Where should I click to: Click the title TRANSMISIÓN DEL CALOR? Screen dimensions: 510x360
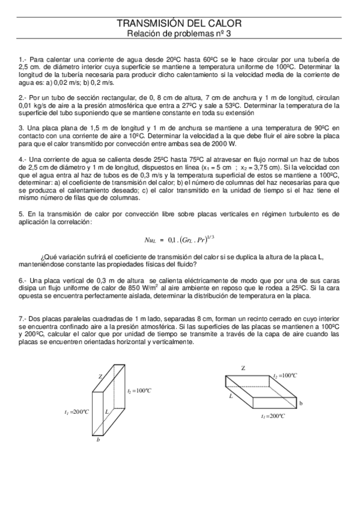pos(179,23)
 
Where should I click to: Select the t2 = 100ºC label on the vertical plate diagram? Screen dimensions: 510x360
pos(139,391)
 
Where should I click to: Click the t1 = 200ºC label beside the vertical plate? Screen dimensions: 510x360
pos(76,412)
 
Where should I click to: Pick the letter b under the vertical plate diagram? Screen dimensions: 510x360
pos(98,440)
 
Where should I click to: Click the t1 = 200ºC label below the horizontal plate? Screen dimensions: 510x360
pos(273,416)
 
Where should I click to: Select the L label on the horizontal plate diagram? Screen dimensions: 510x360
pos(231,396)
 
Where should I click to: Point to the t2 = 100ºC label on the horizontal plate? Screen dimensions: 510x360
pos(285,375)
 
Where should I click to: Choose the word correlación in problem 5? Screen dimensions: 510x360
pos(72,222)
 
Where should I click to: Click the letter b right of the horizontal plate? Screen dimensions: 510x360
pos(301,402)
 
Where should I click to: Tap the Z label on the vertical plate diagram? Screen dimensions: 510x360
pos(100,376)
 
